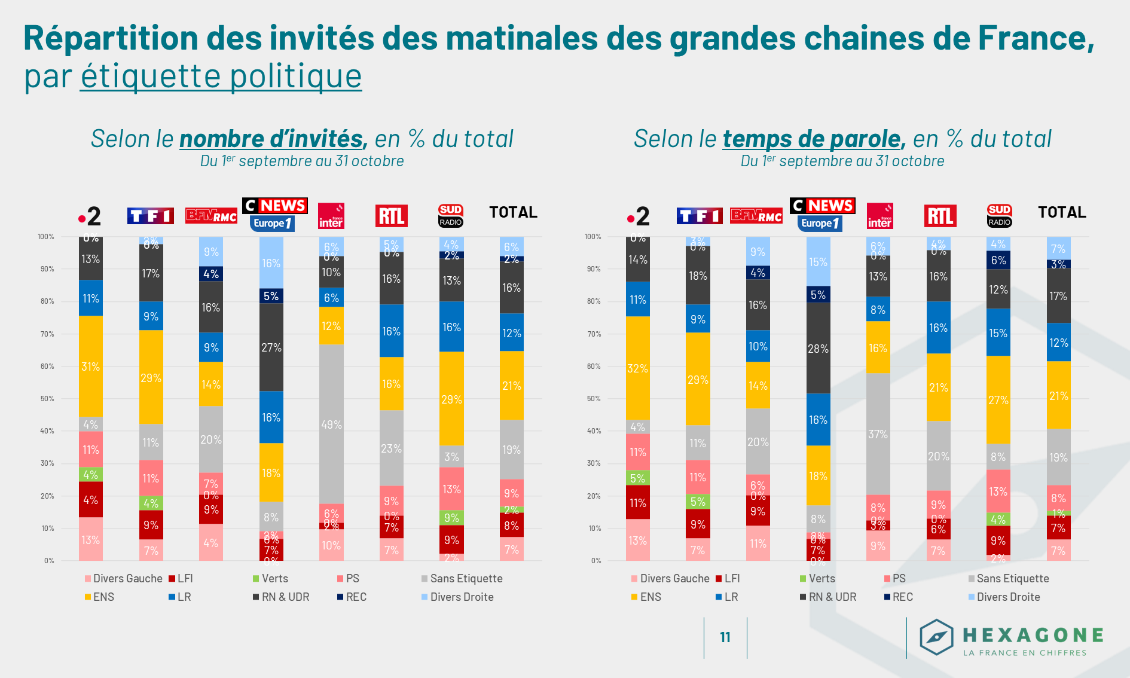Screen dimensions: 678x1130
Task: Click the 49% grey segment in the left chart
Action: click(x=331, y=424)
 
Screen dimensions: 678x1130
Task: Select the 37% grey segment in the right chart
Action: click(x=878, y=433)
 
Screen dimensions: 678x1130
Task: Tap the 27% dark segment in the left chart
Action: click(x=271, y=347)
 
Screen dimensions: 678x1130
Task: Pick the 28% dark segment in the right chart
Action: click(x=818, y=348)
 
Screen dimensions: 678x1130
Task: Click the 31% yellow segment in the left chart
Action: click(x=91, y=367)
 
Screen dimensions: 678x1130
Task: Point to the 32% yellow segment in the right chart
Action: click(x=638, y=368)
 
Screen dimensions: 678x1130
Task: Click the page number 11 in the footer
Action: click(x=725, y=637)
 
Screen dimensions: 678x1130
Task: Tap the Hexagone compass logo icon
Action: click(x=936, y=637)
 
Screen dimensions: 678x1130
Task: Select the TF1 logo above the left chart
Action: click(x=151, y=216)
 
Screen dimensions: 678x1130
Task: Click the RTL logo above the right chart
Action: click(x=940, y=216)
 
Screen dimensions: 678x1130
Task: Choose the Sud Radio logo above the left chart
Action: click(x=451, y=216)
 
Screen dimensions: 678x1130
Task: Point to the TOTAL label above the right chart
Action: click(x=1062, y=212)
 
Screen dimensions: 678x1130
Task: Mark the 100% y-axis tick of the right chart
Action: click(x=593, y=237)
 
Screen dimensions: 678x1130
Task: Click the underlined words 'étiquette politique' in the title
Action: click(x=221, y=76)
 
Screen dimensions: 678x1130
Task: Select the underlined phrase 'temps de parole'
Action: click(x=811, y=139)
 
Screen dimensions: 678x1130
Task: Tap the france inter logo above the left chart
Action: click(x=331, y=216)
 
